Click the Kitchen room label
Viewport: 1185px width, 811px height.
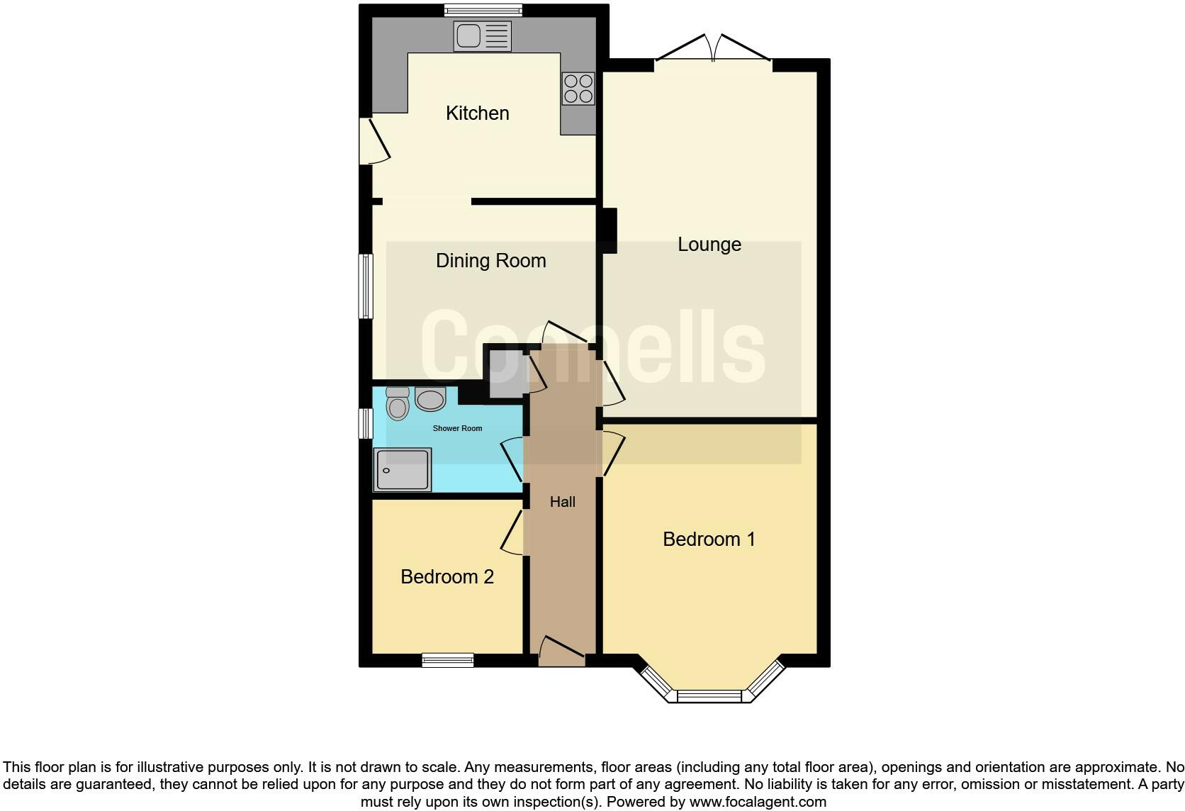click(x=477, y=113)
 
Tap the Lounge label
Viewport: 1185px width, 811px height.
click(x=709, y=245)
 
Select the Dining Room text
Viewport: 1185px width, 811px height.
click(x=490, y=261)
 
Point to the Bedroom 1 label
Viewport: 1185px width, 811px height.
click(x=709, y=539)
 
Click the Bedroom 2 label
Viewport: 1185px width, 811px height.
click(x=447, y=577)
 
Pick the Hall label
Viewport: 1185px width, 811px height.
click(x=563, y=502)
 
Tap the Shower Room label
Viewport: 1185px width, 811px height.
click(x=457, y=428)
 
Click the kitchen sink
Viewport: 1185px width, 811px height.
click(x=482, y=36)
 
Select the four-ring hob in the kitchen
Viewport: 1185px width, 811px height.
click(x=578, y=89)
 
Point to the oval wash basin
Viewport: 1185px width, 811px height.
click(x=430, y=400)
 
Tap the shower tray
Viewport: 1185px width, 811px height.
click(x=402, y=469)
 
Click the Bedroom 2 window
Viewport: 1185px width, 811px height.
click(x=447, y=660)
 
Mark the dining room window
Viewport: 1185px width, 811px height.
click(x=366, y=286)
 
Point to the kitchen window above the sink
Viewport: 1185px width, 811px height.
click(x=483, y=10)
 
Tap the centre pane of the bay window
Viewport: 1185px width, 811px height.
click(x=709, y=696)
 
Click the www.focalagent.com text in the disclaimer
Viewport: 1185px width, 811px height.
click(x=758, y=802)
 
